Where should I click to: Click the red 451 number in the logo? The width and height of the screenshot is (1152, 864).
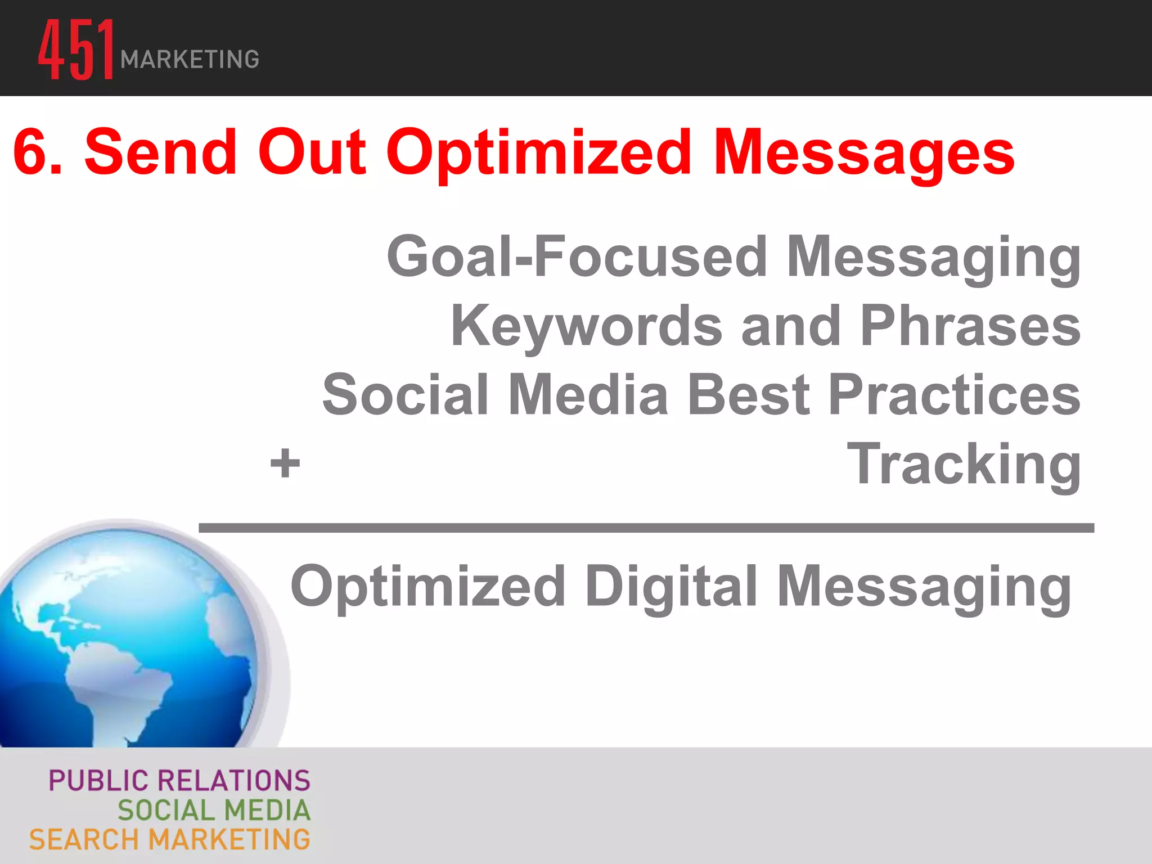point(76,49)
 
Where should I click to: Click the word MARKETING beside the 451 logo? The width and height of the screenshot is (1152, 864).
point(190,60)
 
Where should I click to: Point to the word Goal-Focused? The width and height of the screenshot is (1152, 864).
point(577,257)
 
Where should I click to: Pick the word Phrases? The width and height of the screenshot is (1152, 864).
point(970,326)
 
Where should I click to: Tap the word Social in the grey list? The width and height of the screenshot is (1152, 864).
point(405,395)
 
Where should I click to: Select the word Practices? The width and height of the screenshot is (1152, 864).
point(954,395)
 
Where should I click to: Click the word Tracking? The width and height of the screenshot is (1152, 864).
point(964,465)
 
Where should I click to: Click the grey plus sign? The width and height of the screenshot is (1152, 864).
point(285,463)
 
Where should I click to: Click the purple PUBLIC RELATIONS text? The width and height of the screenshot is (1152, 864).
point(179,781)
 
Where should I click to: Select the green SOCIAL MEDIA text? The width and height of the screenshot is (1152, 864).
point(214,811)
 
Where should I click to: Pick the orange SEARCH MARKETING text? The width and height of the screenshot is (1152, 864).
point(170,840)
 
